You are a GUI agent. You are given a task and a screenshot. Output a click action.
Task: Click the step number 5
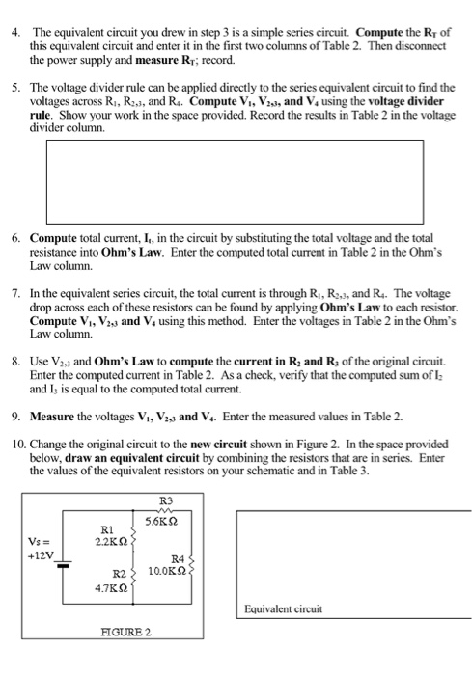pyautogui.click(x=14, y=88)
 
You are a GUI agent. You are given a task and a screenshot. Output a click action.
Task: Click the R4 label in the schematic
pyautogui.click(x=177, y=558)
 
